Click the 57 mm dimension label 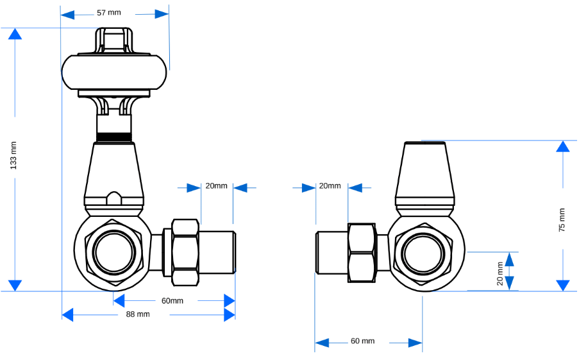pyautogui.click(x=108, y=13)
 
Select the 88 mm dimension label pyautogui.click(x=138, y=314)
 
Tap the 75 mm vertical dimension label pyautogui.click(x=562, y=219)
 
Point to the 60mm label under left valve pyautogui.click(x=172, y=300)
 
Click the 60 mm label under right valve pyautogui.click(x=362, y=341)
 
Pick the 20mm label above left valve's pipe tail pyautogui.click(x=216, y=186)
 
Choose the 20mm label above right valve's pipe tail pyautogui.click(x=330, y=186)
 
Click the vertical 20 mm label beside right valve pyautogui.click(x=500, y=273)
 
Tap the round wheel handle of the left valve pyautogui.click(x=115, y=71)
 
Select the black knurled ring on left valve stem pyautogui.click(x=114, y=137)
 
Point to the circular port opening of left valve pyautogui.click(x=115, y=252)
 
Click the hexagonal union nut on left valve pyautogui.click(x=185, y=252)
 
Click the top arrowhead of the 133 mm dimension pyautogui.click(x=14, y=34)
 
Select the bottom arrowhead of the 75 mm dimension pyautogui.click(x=562, y=285)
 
